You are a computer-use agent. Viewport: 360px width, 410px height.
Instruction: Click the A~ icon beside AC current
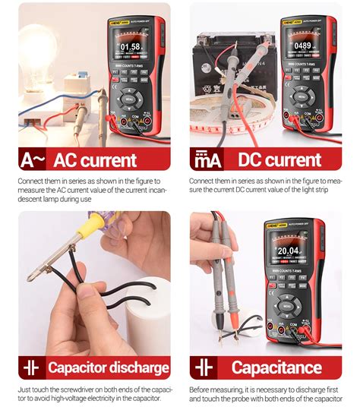(33, 159)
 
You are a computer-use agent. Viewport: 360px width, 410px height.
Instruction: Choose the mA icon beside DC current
(205, 159)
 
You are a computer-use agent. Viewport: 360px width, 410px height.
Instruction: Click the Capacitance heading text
(276, 368)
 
